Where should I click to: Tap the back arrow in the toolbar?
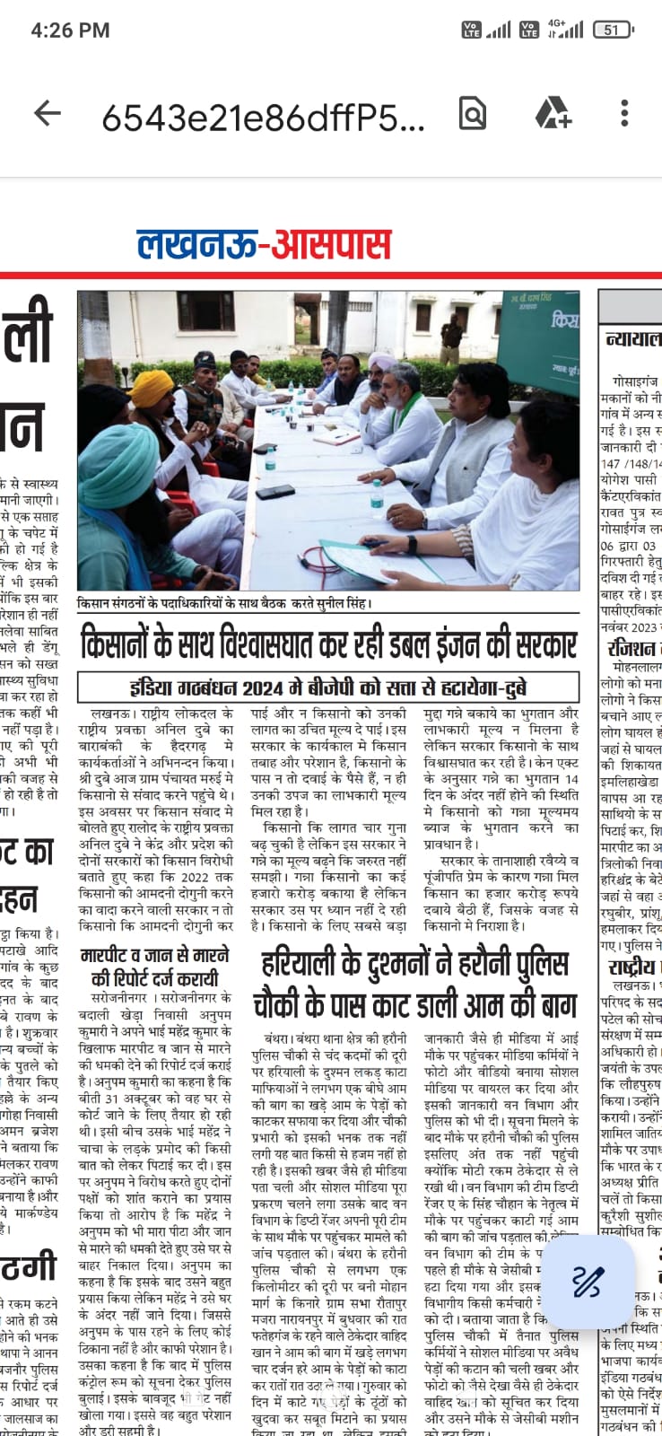coord(47,113)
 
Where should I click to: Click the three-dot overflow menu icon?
coord(624,113)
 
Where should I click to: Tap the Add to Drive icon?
coord(553,113)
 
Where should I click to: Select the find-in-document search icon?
coord(472,113)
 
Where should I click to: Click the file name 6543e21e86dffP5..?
coord(263,116)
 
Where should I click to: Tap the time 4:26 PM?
coord(70,30)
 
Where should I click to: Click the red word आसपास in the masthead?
coord(331,244)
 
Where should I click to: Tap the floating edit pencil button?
coord(588,1281)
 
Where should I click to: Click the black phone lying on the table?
coord(274,491)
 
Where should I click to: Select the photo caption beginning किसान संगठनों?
coord(224,604)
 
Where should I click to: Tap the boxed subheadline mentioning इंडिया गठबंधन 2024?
coord(328,687)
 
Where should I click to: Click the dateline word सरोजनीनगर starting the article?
coord(120,998)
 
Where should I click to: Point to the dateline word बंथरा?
coord(282,1038)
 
